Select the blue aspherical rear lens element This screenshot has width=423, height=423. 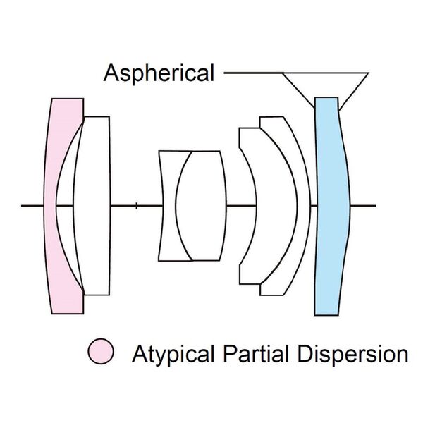(x=332, y=204)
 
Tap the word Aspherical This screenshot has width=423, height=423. (x=159, y=73)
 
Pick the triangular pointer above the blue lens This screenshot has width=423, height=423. (x=324, y=83)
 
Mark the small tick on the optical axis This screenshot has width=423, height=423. (x=137, y=206)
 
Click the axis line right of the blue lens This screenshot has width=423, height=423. (x=363, y=206)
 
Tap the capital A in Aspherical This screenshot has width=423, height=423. (x=111, y=73)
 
